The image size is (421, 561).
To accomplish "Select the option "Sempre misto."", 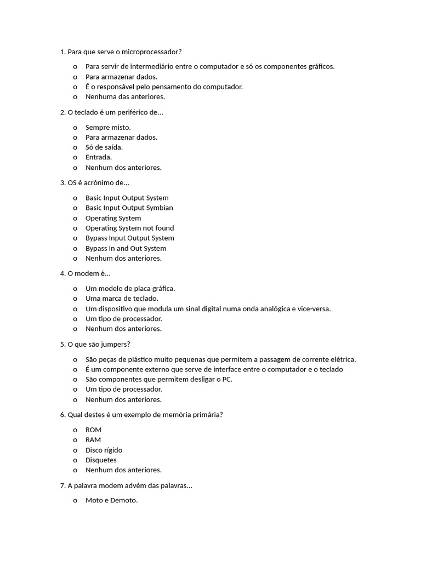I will pos(108,128).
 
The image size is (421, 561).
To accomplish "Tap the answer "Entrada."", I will pos(99,158).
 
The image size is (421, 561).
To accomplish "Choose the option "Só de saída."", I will pos(104,147).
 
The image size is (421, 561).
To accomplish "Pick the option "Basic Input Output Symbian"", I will pos(129,208).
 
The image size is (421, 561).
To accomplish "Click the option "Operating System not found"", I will pos(129,228).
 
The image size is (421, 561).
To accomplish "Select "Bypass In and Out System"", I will pos(126,249).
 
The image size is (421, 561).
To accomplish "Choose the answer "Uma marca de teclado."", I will pos(122,299).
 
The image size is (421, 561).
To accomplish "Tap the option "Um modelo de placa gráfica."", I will pos(130,289).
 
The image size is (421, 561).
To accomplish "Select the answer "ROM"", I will pos(93,430).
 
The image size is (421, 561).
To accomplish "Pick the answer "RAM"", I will pos(93,440).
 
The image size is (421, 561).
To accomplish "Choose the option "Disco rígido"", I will pos(104,450).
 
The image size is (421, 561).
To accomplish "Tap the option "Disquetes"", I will pos(101,460).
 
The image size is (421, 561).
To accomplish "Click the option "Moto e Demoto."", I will pos(111,501).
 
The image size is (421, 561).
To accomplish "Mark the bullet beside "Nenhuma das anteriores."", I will pos(75,97).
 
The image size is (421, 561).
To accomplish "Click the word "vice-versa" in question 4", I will pos(314,309).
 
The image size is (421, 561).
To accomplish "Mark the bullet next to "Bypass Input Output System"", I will pos(75,238).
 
